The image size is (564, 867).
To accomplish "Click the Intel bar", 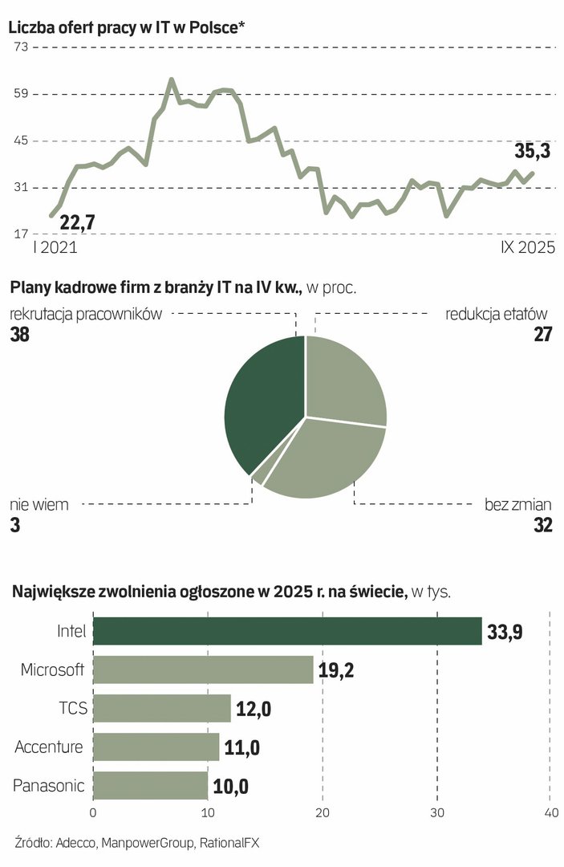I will point(287,631).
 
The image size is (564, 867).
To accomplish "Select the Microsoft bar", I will point(203,670).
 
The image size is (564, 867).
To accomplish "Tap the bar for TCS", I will point(162,708).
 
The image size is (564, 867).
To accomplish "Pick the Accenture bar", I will point(156,747).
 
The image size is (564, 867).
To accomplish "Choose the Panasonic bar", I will point(151,785).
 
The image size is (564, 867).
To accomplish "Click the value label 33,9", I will point(505,633).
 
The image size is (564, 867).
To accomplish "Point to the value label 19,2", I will point(336,670).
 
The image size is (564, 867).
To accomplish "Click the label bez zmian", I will point(518,505).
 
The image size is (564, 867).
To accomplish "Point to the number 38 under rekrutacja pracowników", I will point(19,335).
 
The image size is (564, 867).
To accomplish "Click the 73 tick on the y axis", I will point(19,47).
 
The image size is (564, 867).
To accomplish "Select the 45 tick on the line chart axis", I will point(19,141).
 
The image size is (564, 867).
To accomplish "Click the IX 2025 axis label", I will point(521,248).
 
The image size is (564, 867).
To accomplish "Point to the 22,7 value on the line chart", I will point(77,222).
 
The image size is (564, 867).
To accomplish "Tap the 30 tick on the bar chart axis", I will point(437,813).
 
